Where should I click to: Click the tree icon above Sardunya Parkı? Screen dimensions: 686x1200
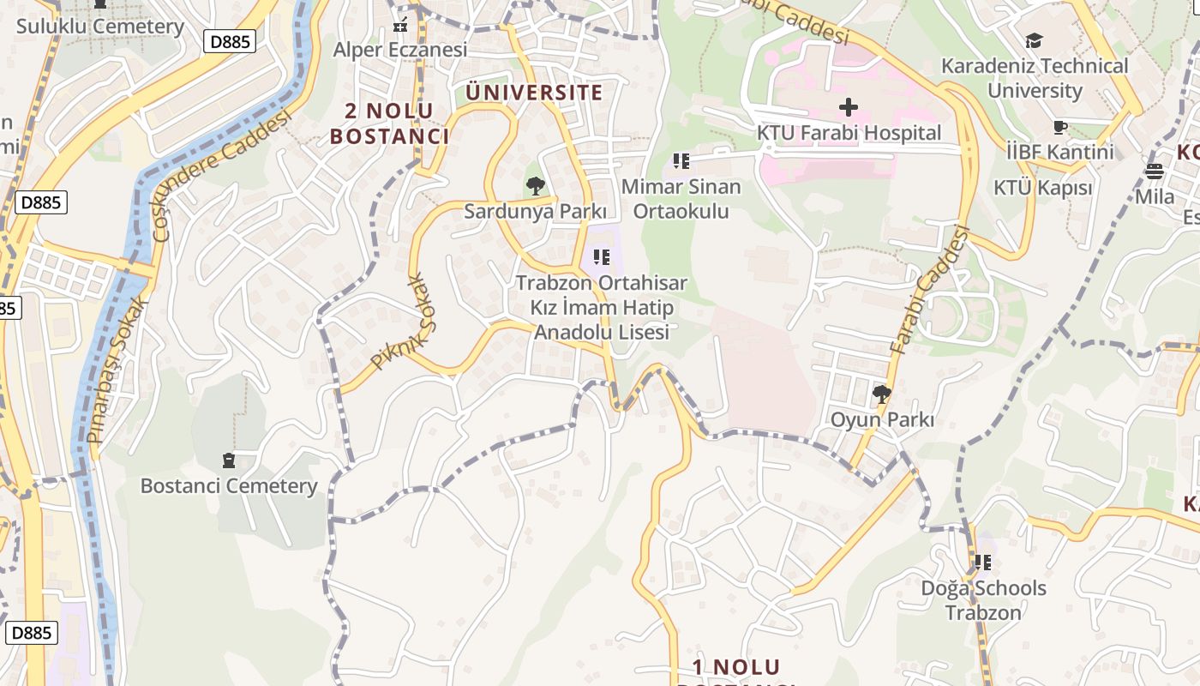click(536, 185)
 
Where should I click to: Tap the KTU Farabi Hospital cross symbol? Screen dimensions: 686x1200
click(849, 107)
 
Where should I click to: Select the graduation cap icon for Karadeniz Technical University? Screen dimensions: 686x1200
click(1035, 40)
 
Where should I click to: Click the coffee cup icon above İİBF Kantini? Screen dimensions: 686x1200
click(1060, 128)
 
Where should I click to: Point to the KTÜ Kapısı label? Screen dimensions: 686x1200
click(1042, 188)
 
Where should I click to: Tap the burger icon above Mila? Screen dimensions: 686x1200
click(1155, 171)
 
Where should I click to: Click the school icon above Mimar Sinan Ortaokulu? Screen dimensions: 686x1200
click(681, 160)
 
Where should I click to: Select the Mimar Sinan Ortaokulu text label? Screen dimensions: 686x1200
click(681, 199)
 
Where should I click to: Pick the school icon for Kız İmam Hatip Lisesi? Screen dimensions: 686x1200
click(602, 256)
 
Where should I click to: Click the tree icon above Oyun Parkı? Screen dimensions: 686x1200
click(881, 394)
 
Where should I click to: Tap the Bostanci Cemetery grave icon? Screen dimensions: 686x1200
click(228, 460)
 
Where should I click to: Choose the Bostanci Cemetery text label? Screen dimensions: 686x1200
click(229, 486)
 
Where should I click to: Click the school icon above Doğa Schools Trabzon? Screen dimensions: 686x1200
click(983, 563)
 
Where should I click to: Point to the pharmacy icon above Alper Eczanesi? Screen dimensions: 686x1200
click(399, 25)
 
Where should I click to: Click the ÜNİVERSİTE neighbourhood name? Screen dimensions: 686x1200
click(534, 92)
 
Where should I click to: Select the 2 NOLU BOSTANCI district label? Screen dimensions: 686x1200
click(390, 123)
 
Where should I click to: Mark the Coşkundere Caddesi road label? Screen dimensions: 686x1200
click(220, 176)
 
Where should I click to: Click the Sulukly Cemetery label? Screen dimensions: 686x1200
click(100, 27)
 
